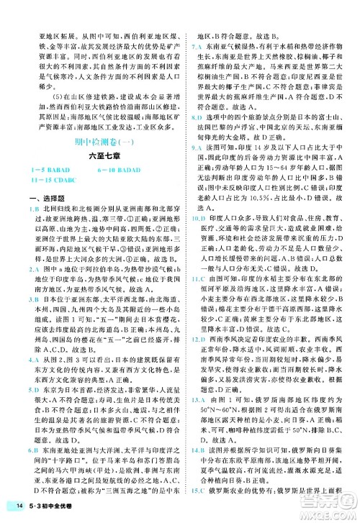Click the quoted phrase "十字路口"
[x=71, y=459]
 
